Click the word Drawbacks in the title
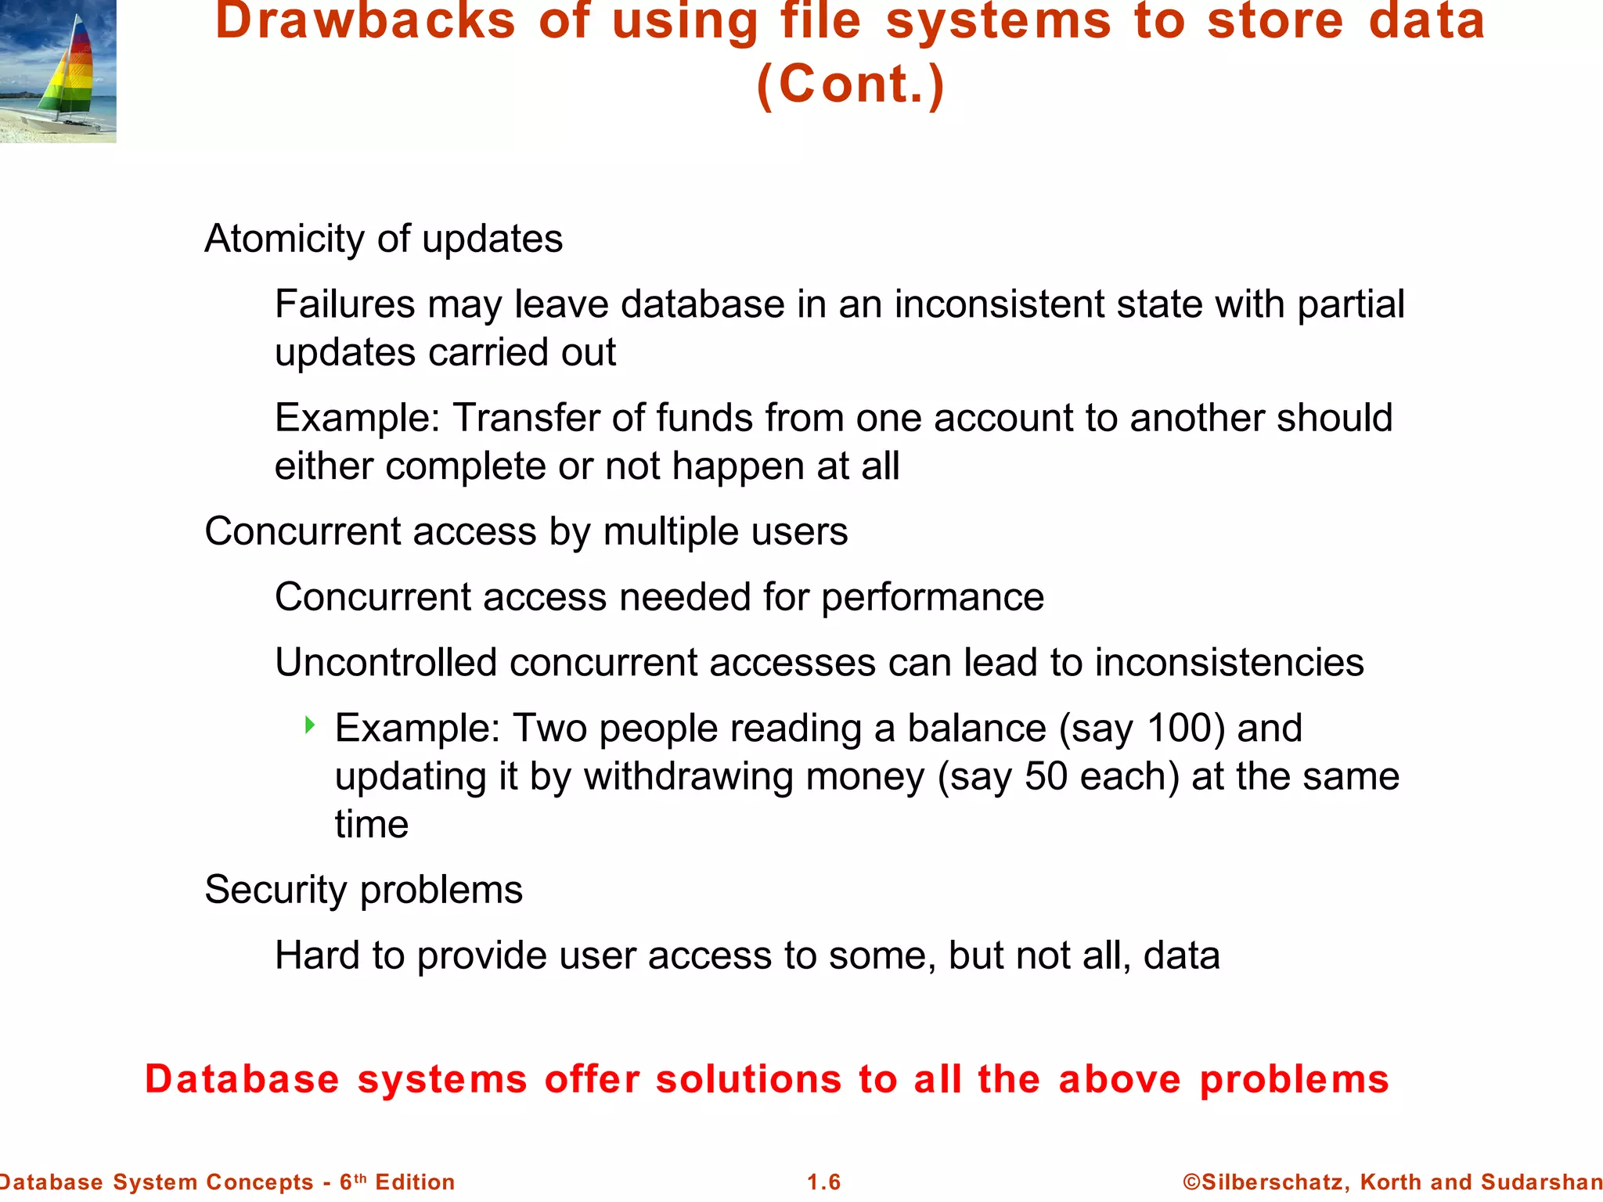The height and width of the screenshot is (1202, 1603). [366, 22]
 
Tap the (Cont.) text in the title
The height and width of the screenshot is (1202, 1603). [851, 85]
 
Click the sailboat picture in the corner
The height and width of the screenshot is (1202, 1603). [58, 71]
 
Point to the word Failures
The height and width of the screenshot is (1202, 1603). [344, 304]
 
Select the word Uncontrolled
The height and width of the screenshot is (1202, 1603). [386, 663]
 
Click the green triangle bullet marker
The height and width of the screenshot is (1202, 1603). [310, 725]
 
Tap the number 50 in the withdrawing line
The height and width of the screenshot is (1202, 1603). [1046, 777]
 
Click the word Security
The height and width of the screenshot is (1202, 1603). [276, 891]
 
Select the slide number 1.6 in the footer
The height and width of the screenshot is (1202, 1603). [823, 1182]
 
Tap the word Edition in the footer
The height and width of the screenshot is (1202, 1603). [415, 1182]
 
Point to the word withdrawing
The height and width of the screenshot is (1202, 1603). [688, 777]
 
